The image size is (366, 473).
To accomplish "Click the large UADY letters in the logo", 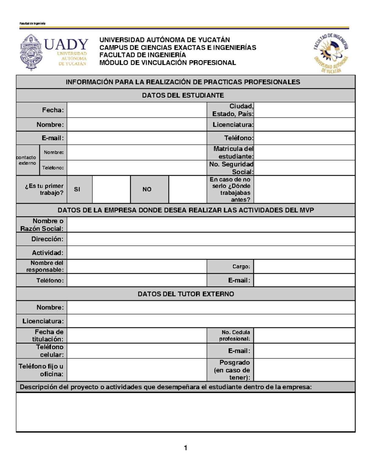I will click(66, 44).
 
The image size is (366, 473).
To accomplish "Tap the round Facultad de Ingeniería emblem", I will click(331, 53).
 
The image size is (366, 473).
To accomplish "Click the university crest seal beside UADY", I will click(31, 52).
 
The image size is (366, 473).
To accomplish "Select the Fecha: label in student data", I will click(53, 110).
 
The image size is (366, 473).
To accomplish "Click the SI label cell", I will click(77, 189).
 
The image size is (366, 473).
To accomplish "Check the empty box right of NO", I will click(188, 189).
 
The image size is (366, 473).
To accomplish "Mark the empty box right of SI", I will click(111, 189).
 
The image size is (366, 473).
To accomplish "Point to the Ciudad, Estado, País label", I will click(233, 110).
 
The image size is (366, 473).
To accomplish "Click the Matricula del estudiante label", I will click(233, 152).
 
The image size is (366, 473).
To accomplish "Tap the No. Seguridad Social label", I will click(231, 168).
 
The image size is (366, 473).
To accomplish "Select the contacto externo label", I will click(27, 160).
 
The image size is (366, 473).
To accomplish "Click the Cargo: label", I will click(241, 267).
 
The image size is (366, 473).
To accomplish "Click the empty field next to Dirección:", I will click(210, 239).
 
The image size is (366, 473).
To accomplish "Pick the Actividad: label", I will click(48, 253).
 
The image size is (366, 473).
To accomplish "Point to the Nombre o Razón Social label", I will click(42, 225).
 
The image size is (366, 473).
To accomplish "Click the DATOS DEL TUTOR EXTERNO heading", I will click(186, 294).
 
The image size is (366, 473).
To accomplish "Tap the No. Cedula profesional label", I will click(235, 335).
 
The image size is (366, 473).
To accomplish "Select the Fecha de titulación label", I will click(48, 335).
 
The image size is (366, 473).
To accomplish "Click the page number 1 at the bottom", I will click(185, 448).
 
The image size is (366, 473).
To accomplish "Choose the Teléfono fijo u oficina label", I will click(41, 370).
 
